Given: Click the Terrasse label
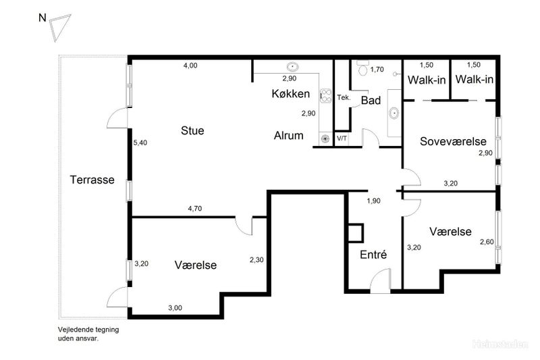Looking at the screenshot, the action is tap(92, 180).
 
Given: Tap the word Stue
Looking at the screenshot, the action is tap(192, 130).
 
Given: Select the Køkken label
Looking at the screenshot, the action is tap(291, 93).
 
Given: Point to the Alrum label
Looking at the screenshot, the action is tap(289, 135).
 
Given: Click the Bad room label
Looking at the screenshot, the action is tap(371, 100).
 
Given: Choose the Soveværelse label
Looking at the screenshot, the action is tap(453, 141).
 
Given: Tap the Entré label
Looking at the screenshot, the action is tap(373, 254).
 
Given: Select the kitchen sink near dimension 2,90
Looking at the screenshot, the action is tap(292, 66).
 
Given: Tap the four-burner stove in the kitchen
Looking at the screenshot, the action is tap(326, 96).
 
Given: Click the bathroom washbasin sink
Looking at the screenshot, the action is tap(394, 113).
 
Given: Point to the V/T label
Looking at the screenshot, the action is tap(342, 138).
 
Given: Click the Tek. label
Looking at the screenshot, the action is tap(344, 97).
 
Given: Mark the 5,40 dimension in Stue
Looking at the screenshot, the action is tap(140, 143).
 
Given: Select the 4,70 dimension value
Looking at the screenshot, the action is tap(195, 209).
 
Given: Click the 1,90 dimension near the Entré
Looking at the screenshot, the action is tap(374, 201).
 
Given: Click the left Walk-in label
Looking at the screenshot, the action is tap(427, 80).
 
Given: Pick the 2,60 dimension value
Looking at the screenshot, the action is tap(487, 242).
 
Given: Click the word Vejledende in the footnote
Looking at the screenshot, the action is tap(74, 330).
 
